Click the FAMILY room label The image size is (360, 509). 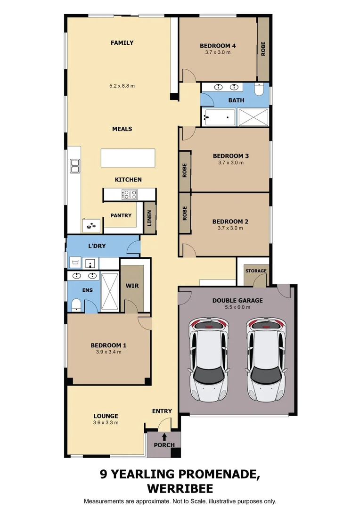click(122, 43)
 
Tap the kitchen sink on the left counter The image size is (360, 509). click(74, 166)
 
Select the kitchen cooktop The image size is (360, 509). click(129, 194)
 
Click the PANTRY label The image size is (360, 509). click(121, 215)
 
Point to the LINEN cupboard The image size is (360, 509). click(149, 218)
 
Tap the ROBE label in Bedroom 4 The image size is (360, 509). click(263, 49)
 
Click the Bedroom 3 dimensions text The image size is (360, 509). click(231, 163)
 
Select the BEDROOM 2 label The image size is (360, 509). click(230, 222)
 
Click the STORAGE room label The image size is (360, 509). click(256, 271)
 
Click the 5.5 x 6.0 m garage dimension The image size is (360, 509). click(237, 307)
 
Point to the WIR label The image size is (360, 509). click(132, 286)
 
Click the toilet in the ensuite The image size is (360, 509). click(76, 306)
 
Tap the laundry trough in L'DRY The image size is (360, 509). click(75, 263)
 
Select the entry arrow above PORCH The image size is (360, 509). click(164, 436)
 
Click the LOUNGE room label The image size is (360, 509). click(106, 416)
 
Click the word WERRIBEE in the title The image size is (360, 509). click(180, 488)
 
